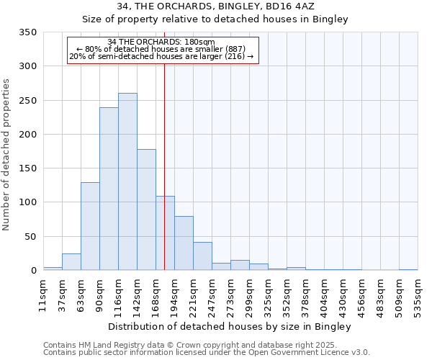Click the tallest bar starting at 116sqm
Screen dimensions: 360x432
point(127,181)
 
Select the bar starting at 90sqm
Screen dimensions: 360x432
point(109,189)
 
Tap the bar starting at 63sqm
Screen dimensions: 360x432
point(90,226)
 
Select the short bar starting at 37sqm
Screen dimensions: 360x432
point(71,262)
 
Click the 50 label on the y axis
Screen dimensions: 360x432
point(30,237)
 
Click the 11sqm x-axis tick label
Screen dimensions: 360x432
point(43,297)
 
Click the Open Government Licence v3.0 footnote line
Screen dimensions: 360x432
point(207,352)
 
